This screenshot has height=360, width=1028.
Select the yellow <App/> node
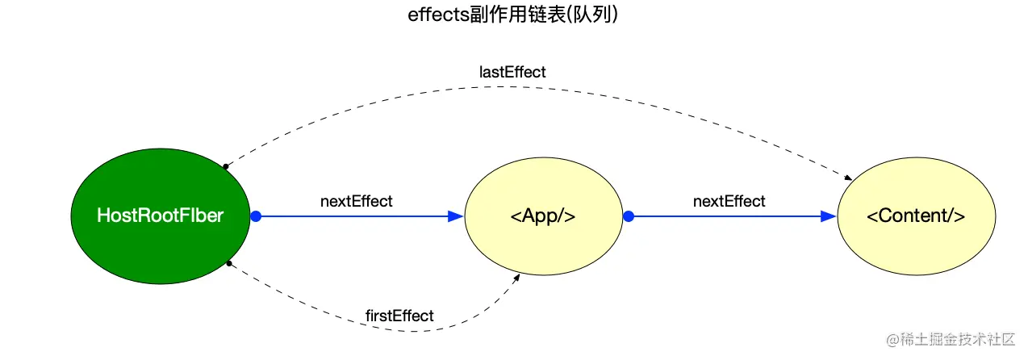[x=543, y=242]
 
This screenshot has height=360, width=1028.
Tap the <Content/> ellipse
[x=916, y=242]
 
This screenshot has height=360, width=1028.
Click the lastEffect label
[x=512, y=72]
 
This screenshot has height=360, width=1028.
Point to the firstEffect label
[x=399, y=316]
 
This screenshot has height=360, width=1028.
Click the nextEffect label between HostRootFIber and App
[x=356, y=201]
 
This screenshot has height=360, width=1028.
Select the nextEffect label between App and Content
[x=729, y=201]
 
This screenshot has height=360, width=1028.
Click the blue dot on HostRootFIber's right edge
[x=256, y=216]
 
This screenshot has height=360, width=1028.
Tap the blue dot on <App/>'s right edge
[x=629, y=216]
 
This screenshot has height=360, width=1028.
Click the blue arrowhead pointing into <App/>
[x=456, y=216]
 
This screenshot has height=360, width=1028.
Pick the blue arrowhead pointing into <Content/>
[x=829, y=216]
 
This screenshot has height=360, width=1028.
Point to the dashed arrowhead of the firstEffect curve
[x=517, y=277]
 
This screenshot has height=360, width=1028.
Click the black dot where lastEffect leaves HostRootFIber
[x=226, y=166]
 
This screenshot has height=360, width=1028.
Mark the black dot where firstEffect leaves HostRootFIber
[x=229, y=263]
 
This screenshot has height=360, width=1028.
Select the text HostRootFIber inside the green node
[x=160, y=216]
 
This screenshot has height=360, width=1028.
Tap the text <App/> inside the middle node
[x=543, y=216]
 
